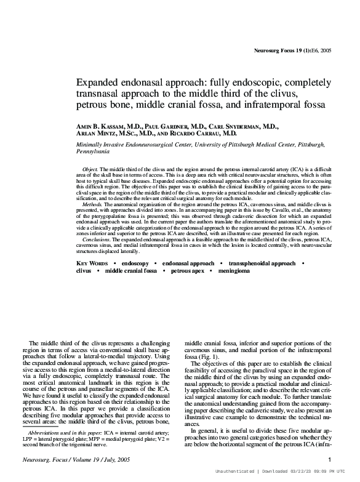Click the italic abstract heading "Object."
(90, 168)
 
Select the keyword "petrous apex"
(189, 270)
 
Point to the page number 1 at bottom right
(330, 459)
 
